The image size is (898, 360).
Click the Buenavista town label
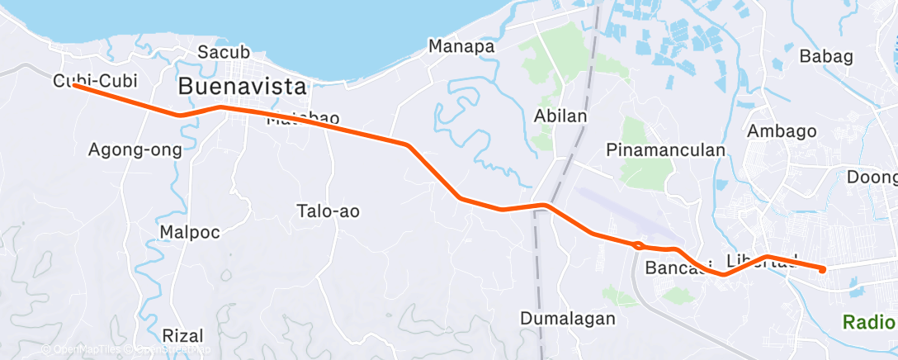point(242,86)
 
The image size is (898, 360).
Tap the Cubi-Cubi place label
point(94,81)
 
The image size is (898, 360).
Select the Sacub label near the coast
point(219,53)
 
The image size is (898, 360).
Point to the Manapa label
point(461,46)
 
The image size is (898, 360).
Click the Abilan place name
point(560,116)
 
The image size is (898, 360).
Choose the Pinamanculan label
point(665,150)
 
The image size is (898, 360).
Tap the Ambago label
point(781,130)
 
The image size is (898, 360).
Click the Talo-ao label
point(328,211)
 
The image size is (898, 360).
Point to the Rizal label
point(182,336)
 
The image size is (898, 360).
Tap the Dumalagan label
point(568,318)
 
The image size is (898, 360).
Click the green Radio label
point(868,321)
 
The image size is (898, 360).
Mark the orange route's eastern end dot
point(822,269)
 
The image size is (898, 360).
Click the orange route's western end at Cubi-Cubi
point(74,85)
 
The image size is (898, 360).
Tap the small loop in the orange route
point(638,244)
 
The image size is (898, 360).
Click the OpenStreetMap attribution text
point(164,351)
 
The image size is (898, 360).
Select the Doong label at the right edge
point(872,177)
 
